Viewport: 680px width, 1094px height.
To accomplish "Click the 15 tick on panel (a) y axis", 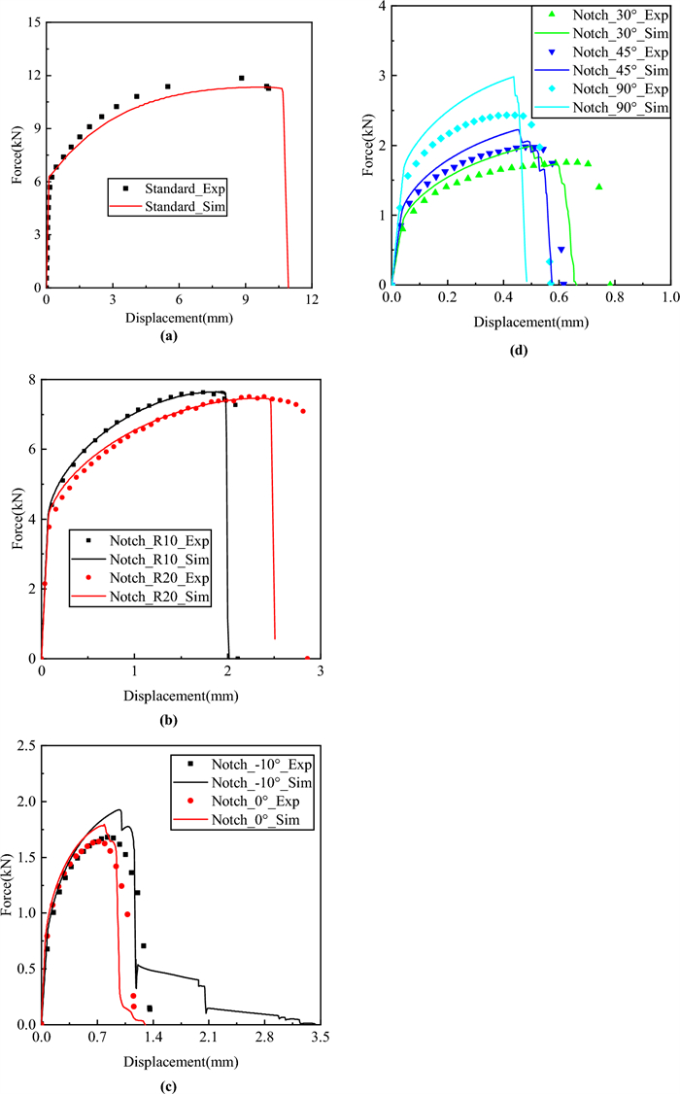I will click(x=32, y=21).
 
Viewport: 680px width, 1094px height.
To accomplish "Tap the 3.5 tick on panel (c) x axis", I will click(x=321, y=1039).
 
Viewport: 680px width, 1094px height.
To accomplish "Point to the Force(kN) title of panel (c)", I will click(x=9, y=884).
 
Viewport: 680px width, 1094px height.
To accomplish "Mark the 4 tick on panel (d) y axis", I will click(x=382, y=7).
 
